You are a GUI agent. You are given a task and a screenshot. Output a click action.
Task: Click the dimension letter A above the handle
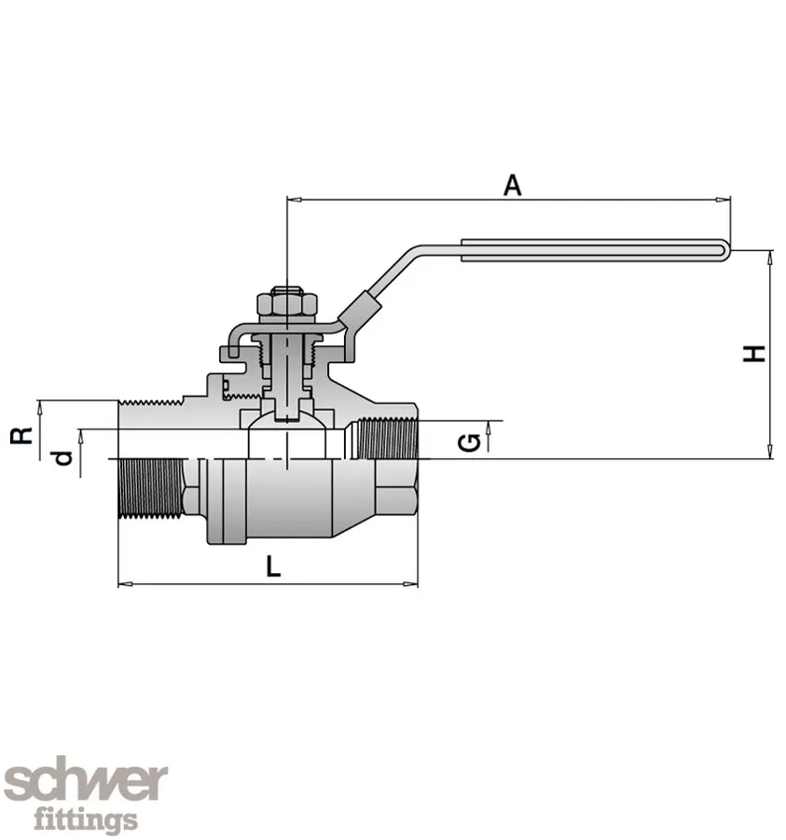(512, 184)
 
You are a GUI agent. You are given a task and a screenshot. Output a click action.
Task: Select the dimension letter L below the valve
(271, 566)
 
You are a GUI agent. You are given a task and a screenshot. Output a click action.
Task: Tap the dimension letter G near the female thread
(473, 440)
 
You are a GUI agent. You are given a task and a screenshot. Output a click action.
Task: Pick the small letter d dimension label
(62, 457)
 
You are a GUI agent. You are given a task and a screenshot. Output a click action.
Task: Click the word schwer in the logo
(86, 782)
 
